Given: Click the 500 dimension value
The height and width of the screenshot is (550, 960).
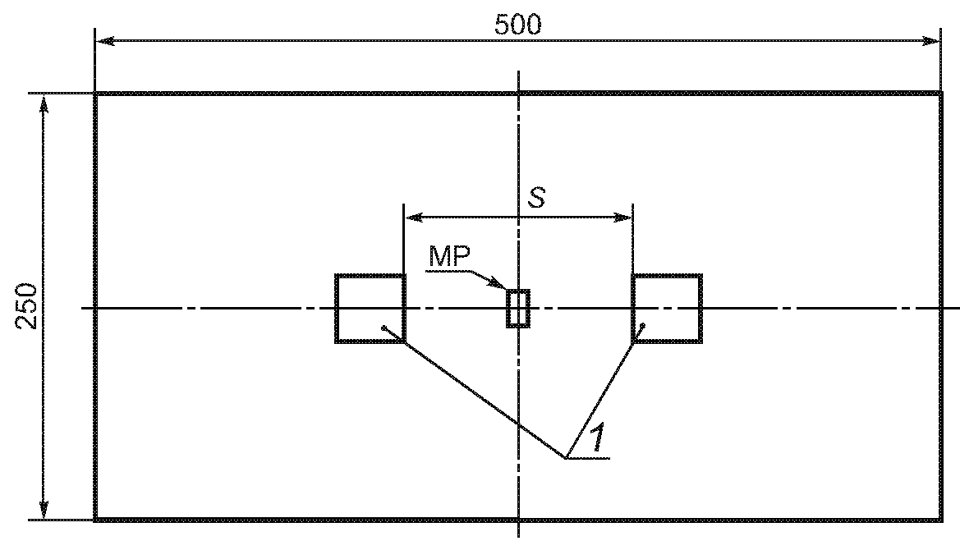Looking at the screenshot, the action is pos(517,25).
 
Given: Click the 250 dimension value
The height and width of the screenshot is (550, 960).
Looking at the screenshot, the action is pos(26,306).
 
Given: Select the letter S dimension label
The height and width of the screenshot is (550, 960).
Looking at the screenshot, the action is pos(536,198).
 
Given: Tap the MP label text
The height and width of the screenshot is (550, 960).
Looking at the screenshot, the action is pos(448,257).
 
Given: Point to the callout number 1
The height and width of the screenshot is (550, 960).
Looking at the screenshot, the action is pos(598,438).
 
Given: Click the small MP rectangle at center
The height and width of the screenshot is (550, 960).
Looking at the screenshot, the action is pos(518,309).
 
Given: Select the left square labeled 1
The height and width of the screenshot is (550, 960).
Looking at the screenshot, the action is pos(370,309).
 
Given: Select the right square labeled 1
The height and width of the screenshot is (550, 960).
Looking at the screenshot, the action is pos(667,309).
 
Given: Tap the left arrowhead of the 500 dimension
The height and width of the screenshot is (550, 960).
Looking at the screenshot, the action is pos(104,41).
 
